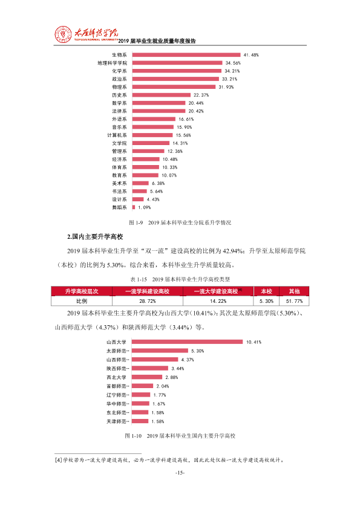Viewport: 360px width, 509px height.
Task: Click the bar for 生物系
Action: tap(186, 55)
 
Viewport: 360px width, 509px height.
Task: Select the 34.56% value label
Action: tap(233, 63)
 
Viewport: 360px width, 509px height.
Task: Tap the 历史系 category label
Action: tap(119, 95)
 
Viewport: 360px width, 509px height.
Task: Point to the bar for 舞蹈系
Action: tap(134, 207)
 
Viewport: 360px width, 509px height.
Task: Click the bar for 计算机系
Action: tap(152, 135)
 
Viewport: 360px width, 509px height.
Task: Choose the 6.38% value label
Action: tap(158, 183)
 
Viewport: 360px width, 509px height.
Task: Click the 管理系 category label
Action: tap(119, 151)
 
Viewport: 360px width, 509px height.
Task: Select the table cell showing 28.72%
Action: tap(148, 301)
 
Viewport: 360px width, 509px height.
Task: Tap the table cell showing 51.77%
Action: tap(294, 301)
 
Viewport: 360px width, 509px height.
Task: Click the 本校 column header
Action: tap(266, 291)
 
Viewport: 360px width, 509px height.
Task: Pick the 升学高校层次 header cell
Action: tap(82, 291)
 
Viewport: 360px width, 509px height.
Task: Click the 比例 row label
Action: tap(82, 301)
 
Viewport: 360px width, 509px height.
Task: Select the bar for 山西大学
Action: tap(187, 342)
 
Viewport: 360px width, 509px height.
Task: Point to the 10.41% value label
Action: tap(254, 342)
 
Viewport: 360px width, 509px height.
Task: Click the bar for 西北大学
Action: tap(147, 377)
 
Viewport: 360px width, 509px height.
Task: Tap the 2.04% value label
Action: tap(163, 386)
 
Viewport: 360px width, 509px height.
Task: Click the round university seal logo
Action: tap(63, 34)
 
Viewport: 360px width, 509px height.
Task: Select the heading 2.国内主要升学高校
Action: tap(95, 236)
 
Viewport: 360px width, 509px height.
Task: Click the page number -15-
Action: tap(180, 473)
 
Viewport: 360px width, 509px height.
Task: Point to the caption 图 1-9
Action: tap(136, 222)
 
